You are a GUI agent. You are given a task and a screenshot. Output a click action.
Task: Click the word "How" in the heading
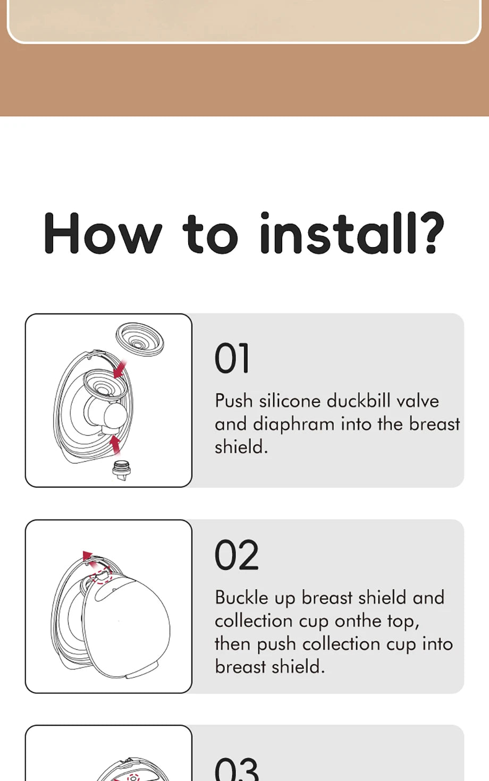[103, 233]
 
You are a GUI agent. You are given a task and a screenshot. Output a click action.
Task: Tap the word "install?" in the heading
[352, 232]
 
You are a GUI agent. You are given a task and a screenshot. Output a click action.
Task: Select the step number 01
[232, 358]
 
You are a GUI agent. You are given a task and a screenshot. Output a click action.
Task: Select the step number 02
[237, 555]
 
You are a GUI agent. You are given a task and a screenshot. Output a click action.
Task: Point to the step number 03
[237, 768]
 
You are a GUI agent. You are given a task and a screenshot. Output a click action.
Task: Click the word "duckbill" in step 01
[358, 401]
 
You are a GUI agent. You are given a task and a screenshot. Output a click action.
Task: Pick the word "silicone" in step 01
[290, 401]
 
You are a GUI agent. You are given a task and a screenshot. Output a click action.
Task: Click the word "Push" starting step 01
[234, 401]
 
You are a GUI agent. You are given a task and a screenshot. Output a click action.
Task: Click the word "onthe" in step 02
[358, 621]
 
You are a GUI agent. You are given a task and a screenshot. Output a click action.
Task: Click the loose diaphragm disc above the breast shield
[140, 338]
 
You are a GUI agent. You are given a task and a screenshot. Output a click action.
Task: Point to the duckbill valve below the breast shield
[121, 470]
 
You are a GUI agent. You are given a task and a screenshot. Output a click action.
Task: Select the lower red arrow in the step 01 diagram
[115, 445]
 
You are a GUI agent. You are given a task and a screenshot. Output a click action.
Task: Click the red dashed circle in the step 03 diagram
[133, 777]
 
